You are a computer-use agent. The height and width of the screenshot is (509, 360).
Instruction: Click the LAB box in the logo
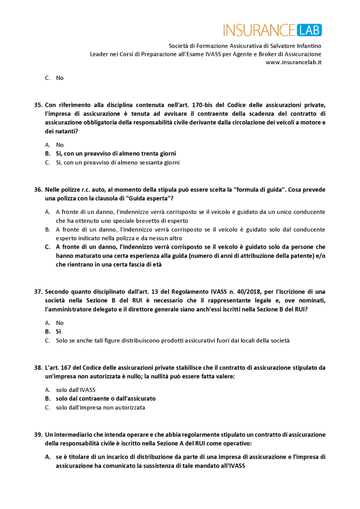[x=308, y=29]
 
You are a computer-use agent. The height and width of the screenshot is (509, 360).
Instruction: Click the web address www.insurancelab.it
[x=293, y=62]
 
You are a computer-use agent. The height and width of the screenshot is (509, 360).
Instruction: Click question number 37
[x=38, y=292]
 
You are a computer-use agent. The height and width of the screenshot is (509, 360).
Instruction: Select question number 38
[x=38, y=367]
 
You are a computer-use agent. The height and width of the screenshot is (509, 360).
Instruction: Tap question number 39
[x=38, y=434]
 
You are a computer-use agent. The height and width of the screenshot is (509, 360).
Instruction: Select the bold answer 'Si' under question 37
[x=58, y=331]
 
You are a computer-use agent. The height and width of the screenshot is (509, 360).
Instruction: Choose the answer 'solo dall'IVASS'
[x=76, y=390]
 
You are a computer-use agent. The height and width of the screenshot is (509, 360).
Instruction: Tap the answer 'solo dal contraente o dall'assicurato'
[x=106, y=398]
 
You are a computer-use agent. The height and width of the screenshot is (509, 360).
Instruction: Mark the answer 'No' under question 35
[x=59, y=145]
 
